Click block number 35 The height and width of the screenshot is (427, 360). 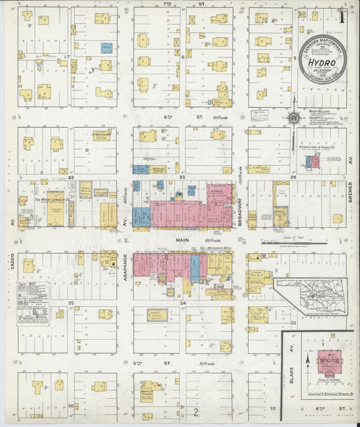click(70, 304)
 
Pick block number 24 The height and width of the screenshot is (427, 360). click(293, 178)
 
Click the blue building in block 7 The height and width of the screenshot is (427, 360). click(106, 48)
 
